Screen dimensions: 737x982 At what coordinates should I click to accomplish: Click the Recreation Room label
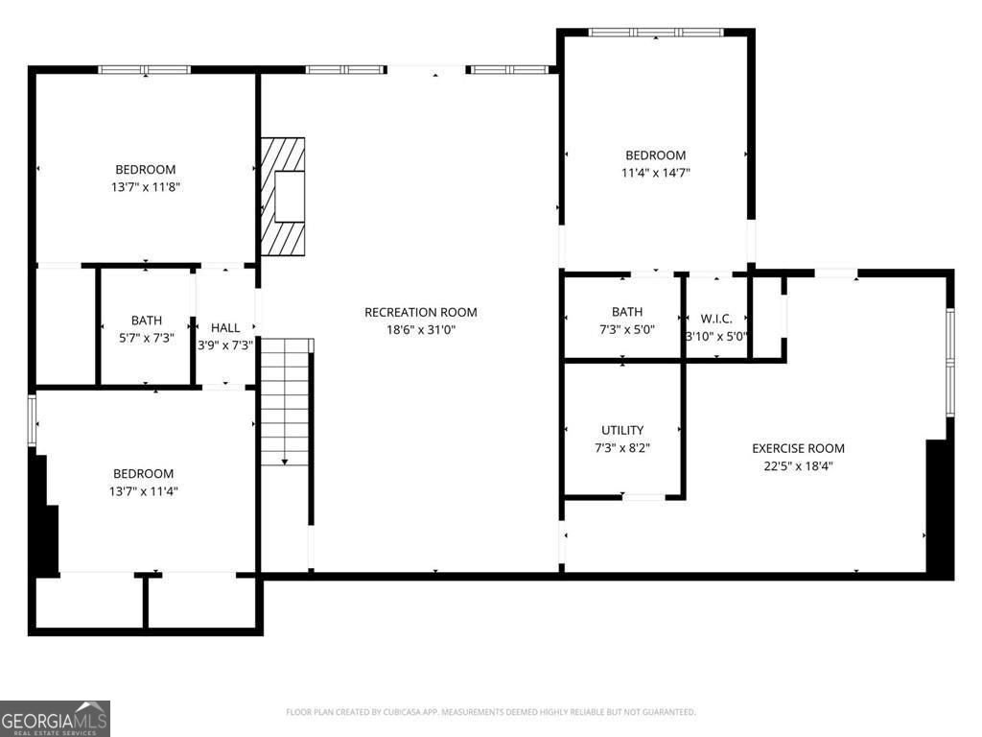420,312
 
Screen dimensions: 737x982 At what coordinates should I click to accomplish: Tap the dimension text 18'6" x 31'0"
420,329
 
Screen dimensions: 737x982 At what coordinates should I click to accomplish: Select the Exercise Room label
798,448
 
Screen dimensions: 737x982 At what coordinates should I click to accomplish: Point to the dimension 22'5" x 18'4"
798,466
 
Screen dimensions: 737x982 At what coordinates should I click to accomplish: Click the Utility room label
622,430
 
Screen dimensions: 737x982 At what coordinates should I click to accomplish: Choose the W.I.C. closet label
716,318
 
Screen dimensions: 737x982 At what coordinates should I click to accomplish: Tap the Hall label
225,327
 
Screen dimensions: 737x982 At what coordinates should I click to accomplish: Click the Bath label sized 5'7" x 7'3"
147,321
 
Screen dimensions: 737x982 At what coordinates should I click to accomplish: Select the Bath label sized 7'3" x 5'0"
627,312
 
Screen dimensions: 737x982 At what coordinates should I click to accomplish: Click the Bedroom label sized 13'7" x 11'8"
146,170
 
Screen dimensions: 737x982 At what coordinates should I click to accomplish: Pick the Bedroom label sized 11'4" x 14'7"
656,155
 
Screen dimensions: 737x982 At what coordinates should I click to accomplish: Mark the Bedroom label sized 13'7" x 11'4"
144,473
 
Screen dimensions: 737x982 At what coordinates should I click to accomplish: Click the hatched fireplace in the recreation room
283,197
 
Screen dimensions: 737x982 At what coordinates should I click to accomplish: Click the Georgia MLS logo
55,719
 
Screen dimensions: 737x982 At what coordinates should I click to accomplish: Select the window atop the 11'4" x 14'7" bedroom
656,32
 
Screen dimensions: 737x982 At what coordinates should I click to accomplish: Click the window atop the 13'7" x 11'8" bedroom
145,69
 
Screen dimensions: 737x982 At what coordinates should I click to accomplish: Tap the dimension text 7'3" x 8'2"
622,448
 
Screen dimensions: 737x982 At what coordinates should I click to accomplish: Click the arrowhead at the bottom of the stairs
286,463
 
